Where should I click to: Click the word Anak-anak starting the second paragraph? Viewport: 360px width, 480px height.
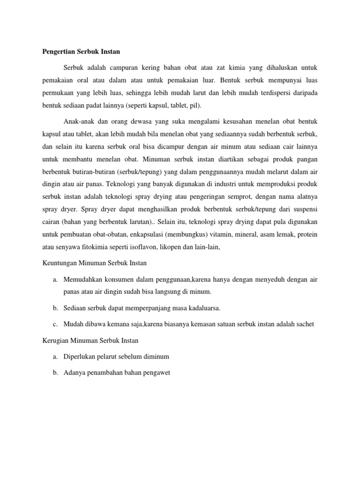tap(78, 119)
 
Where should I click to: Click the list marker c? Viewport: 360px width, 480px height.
tap(55, 324)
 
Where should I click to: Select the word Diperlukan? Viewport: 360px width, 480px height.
tap(80, 357)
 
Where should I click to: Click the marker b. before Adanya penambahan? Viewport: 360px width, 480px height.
tap(55, 373)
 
